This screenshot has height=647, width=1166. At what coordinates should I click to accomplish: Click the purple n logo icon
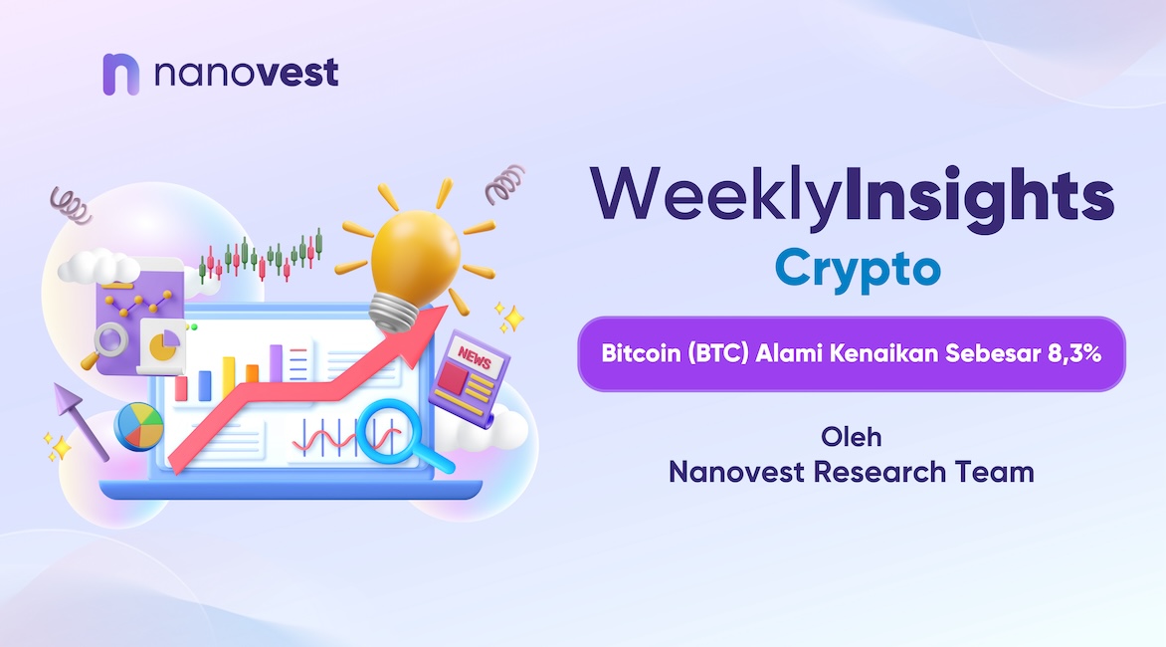120,74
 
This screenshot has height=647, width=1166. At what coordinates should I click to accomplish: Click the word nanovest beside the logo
246,73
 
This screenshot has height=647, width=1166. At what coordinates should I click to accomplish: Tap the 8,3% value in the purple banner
1074,353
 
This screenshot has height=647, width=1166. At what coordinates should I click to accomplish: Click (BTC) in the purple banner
717,354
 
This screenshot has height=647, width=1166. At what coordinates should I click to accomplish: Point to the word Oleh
852,437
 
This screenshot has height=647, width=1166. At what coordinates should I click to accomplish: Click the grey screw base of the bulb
393,312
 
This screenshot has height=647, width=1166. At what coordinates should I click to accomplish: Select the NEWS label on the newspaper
475,358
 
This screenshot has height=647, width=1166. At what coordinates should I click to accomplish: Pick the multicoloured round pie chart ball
139,426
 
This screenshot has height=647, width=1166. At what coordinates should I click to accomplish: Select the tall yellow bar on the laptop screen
228,377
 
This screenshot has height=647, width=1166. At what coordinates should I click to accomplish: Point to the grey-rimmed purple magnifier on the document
110,341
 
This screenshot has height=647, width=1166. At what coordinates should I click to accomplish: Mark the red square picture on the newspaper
452,380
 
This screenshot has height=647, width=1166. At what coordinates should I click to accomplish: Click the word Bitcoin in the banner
641,353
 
